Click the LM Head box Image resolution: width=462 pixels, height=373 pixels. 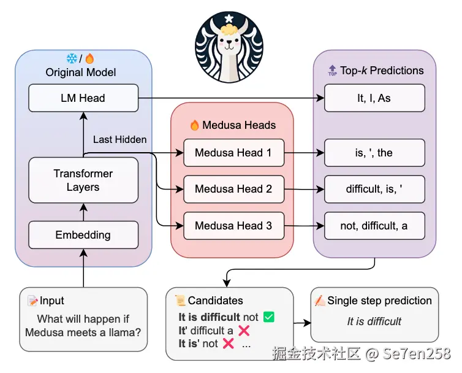point(83,98)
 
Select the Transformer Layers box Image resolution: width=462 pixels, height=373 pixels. point(83,180)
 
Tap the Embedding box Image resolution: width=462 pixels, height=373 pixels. point(83,235)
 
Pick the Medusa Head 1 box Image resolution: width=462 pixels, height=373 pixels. point(233,153)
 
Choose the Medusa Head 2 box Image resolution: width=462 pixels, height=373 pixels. point(233,189)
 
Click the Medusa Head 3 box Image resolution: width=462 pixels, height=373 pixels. point(233,226)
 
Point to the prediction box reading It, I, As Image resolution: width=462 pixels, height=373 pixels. point(374,98)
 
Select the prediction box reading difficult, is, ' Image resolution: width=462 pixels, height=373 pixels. point(374,189)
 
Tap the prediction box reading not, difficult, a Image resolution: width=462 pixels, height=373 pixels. point(374,226)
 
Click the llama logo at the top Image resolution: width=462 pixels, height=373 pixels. point(229,46)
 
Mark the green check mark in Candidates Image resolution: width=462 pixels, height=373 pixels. point(268,317)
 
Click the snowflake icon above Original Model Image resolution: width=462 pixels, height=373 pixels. point(72,59)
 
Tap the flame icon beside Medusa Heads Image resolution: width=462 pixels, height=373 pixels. point(195,125)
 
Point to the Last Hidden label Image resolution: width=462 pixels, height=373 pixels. point(119,139)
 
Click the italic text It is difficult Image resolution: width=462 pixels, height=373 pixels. point(374,321)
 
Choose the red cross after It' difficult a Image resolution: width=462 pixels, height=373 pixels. point(243,331)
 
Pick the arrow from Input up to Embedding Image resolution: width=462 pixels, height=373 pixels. point(83,268)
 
